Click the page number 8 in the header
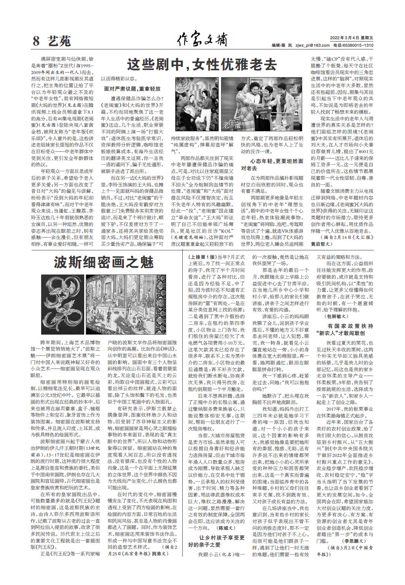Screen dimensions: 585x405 point(36,40)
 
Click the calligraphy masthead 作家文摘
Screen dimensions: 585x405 point(202,40)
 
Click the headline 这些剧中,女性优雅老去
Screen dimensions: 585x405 point(202,64)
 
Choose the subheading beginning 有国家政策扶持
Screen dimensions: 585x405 point(345,329)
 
